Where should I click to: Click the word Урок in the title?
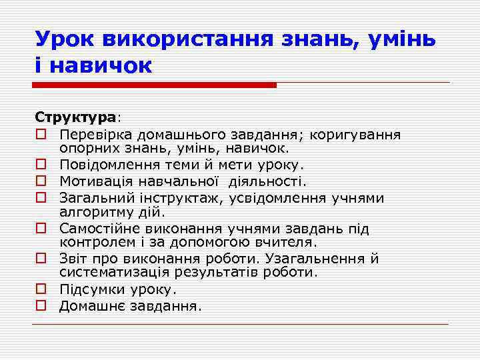click(65, 39)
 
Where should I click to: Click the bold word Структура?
click(75, 117)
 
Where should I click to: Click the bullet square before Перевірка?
click(41, 135)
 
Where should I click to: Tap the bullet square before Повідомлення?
click(41, 164)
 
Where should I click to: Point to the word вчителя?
click(285, 242)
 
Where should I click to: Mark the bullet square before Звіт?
click(41, 259)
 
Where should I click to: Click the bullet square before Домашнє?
click(41, 306)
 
